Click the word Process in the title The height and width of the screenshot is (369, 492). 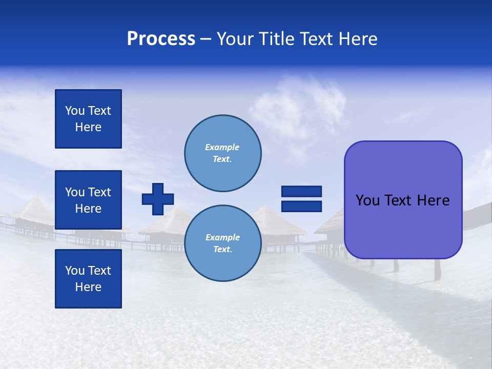(161, 39)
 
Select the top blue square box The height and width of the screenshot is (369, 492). (88, 119)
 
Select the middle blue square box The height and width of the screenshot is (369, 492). (88, 200)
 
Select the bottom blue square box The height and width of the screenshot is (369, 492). (88, 279)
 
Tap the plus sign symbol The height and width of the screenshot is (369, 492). (158, 199)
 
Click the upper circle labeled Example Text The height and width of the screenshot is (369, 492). (222, 153)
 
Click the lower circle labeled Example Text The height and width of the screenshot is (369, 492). (222, 243)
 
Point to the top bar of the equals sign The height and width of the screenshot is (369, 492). (301, 191)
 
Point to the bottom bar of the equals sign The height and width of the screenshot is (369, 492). (301, 207)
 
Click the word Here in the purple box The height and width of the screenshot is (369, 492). (433, 200)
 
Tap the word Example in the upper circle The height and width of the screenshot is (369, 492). (222, 147)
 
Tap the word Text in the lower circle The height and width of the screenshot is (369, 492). (222, 249)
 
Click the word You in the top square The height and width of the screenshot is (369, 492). (75, 111)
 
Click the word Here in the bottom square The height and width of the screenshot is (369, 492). (88, 287)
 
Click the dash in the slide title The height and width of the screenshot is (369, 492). (206, 39)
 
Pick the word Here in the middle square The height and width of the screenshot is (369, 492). (88, 209)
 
